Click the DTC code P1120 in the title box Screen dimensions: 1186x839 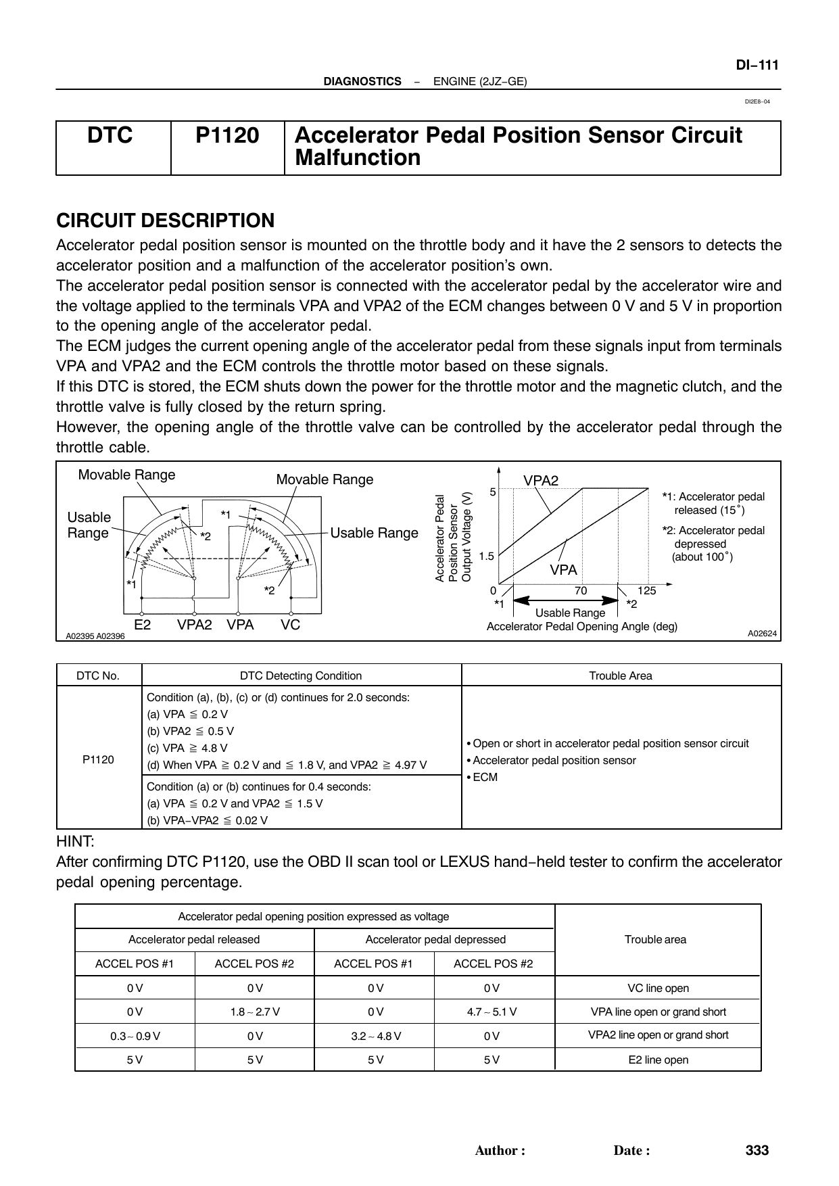point(227,136)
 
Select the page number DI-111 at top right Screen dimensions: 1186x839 point(757,66)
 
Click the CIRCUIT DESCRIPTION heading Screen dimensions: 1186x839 point(165,220)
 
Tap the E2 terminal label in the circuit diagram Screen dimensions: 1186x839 point(143,625)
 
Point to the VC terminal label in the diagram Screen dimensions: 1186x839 point(291,625)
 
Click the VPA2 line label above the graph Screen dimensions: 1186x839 point(541,480)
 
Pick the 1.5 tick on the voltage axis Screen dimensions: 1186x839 point(487,556)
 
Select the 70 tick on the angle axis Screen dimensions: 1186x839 point(580,590)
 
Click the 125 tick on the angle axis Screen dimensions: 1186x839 point(646,590)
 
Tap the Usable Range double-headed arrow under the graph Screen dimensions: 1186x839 point(567,600)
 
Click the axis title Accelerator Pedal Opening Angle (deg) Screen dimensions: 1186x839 point(581,627)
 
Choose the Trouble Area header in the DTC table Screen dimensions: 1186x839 point(621,675)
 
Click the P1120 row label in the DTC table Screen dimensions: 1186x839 point(99,759)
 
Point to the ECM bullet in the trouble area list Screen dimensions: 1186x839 point(483,778)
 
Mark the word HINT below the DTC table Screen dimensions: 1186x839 point(75,842)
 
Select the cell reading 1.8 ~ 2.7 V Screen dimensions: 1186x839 point(254,1012)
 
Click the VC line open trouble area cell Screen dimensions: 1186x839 point(658,989)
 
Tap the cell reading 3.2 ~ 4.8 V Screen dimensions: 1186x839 point(374,1036)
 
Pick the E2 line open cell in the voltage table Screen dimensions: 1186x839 point(658,1060)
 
